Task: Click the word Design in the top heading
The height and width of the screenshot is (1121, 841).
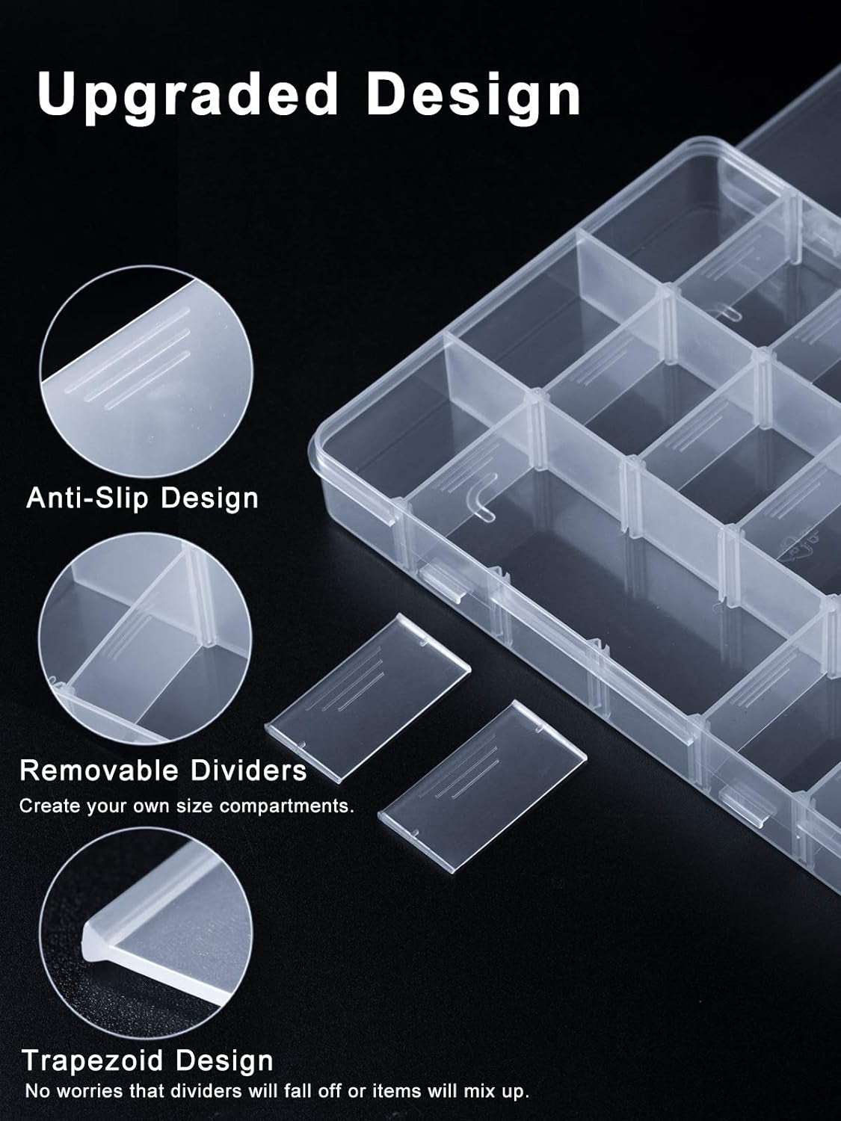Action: point(474,96)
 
